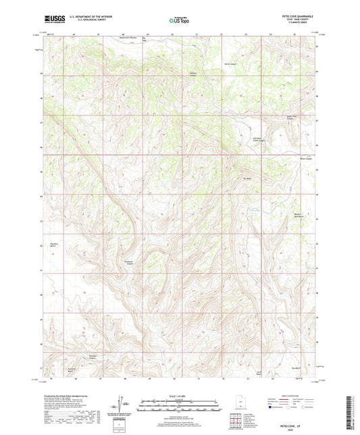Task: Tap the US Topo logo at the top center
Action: point(180,21)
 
